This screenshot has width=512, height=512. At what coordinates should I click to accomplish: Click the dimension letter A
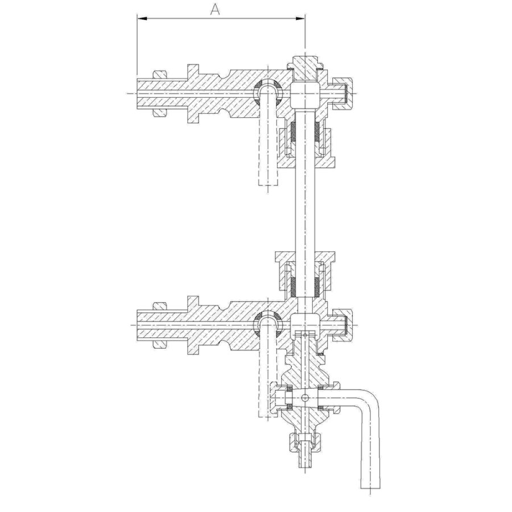(x=215, y=10)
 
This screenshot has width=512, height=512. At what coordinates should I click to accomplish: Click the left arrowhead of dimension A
(x=142, y=19)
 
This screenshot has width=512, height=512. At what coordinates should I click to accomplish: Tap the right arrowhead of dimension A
(x=300, y=19)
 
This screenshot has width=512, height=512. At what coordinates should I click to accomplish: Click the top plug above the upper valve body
(x=305, y=67)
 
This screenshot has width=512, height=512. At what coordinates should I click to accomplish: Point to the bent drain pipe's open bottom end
(x=370, y=488)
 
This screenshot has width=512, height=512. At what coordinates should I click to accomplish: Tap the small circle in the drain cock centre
(x=305, y=398)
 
